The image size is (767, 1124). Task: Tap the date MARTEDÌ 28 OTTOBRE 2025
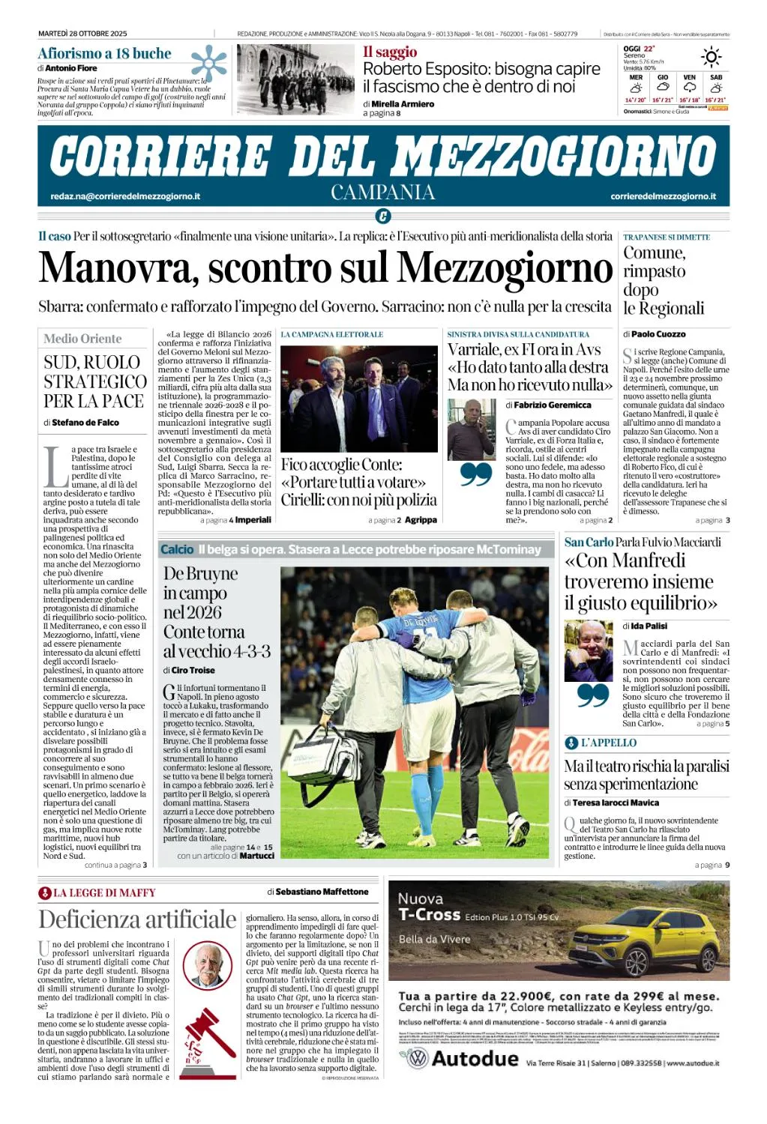tap(82, 34)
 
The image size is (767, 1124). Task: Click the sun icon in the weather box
tap(710, 57)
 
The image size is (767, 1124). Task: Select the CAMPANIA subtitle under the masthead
tap(383, 193)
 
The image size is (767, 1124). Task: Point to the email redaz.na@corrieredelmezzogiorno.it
tap(125, 196)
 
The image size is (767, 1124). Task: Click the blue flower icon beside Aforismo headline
tap(208, 63)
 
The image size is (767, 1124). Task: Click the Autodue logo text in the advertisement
tap(475, 1059)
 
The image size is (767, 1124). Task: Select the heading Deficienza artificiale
tap(137, 919)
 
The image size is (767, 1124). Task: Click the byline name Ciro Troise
tap(193, 671)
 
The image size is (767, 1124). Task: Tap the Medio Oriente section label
tap(82, 339)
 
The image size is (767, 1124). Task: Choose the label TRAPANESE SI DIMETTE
tap(667, 238)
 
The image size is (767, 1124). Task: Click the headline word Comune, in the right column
tap(654, 253)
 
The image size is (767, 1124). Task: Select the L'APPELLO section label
tap(608, 743)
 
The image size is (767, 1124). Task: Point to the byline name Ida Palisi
tap(649, 626)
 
